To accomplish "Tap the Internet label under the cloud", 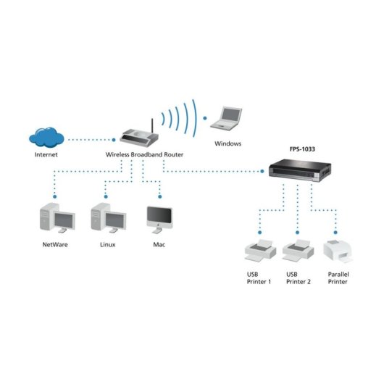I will [x=47, y=155].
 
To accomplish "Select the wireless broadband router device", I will [x=137, y=136].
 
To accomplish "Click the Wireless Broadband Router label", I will [x=145, y=155].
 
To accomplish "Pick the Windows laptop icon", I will [x=227, y=118].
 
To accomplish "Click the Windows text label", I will [x=228, y=143].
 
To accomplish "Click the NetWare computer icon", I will [x=55, y=219].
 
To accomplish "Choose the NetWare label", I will [x=56, y=245].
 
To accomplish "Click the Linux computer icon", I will [x=107, y=219].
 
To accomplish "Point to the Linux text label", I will [x=107, y=245].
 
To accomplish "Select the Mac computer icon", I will [x=159, y=218].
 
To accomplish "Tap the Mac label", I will [x=159, y=245].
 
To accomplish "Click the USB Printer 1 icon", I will [x=259, y=249].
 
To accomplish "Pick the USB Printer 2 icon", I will [x=298, y=249].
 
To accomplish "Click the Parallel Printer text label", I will [x=338, y=277].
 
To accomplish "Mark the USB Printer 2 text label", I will [x=298, y=277].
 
